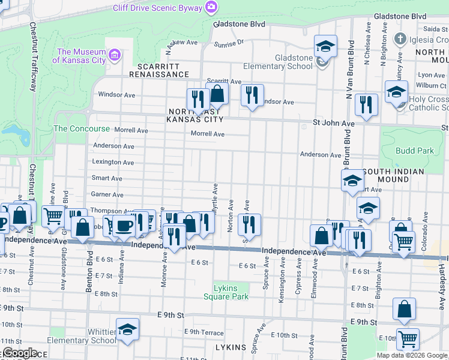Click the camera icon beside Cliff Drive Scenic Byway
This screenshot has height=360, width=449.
point(211,7)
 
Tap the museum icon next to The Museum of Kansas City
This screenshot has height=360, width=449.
point(116,56)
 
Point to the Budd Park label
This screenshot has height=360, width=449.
point(414,151)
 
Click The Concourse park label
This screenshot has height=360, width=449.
point(82,128)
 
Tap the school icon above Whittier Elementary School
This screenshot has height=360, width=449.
point(127,329)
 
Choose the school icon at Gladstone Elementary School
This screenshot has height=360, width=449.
point(325,46)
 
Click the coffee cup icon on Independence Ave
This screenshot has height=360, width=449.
point(125,226)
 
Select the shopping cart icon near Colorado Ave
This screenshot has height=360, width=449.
point(403,242)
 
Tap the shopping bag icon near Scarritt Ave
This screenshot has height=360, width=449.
point(217,94)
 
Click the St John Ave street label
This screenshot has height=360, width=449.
point(334,123)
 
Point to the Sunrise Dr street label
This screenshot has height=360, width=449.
point(229,43)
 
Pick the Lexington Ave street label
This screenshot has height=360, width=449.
point(113,162)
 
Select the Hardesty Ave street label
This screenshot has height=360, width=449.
point(441,269)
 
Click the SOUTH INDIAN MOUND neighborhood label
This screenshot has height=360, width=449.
point(393,175)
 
